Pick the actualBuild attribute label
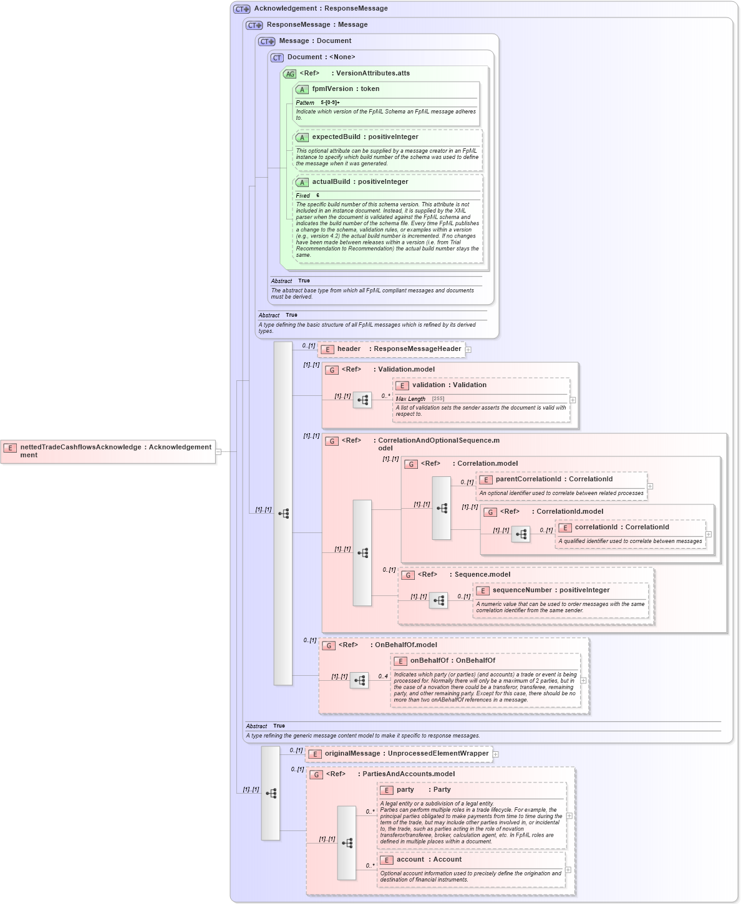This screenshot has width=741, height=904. (x=360, y=182)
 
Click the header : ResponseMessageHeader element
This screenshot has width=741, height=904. (x=392, y=349)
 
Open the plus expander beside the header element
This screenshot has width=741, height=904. (x=468, y=350)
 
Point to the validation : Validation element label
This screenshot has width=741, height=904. (x=448, y=385)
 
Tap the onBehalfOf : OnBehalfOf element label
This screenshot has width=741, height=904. (x=452, y=661)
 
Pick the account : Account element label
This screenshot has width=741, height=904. (x=429, y=860)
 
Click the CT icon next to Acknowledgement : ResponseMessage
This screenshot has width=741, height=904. (x=241, y=9)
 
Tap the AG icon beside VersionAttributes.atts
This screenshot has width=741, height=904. (x=290, y=74)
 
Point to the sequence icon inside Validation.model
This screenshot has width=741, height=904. (x=362, y=400)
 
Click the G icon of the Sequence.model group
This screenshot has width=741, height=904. (x=408, y=575)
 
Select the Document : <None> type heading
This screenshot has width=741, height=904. (x=321, y=57)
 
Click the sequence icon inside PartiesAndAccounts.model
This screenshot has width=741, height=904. (x=347, y=843)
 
